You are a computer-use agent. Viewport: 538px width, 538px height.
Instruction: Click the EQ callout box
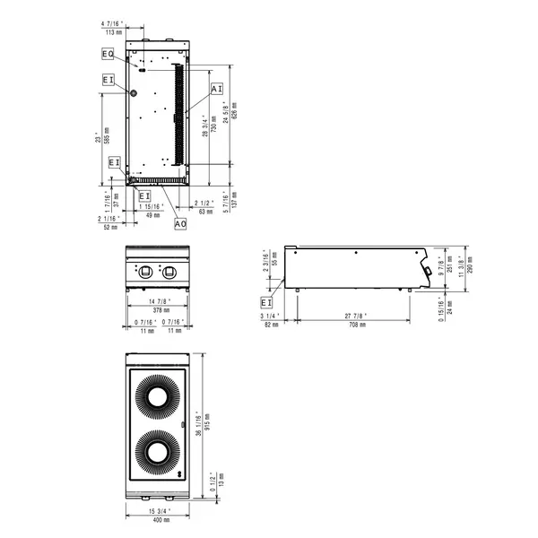pyautogui.click(x=108, y=55)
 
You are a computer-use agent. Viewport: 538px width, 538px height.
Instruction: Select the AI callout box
pyautogui.click(x=216, y=89)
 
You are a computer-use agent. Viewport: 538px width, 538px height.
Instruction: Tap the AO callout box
pyautogui.click(x=180, y=222)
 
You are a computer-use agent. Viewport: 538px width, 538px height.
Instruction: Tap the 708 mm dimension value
pyautogui.click(x=357, y=325)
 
